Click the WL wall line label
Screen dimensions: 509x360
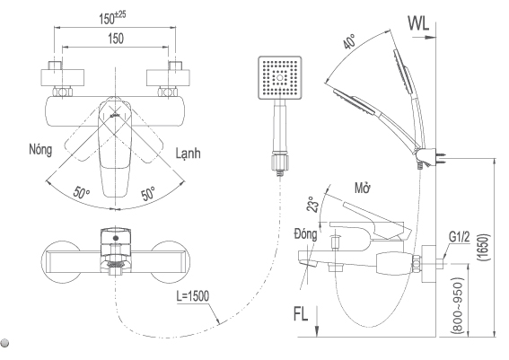(418, 23)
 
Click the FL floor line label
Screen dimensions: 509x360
(301, 313)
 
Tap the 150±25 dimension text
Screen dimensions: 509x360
(112, 18)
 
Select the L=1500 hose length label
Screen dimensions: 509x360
(192, 296)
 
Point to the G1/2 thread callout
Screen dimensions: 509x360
(460, 237)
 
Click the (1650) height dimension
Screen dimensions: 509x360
(483, 247)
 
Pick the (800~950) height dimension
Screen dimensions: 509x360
(457, 305)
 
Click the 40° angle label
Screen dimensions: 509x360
(349, 41)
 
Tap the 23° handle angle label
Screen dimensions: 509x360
(312, 205)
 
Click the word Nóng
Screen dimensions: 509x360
(40, 150)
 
